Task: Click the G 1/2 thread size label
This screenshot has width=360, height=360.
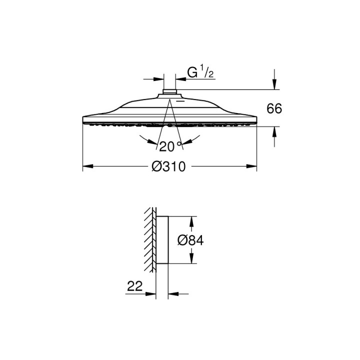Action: tap(200, 73)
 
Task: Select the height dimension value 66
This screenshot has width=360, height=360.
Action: tap(274, 109)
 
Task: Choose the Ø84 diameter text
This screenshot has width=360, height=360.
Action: tap(191, 240)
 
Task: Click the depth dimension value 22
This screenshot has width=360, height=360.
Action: tap(135, 286)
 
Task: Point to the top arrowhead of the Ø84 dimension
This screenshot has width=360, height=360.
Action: tap(190, 220)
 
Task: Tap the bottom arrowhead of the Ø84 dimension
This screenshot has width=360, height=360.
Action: tap(190, 260)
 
